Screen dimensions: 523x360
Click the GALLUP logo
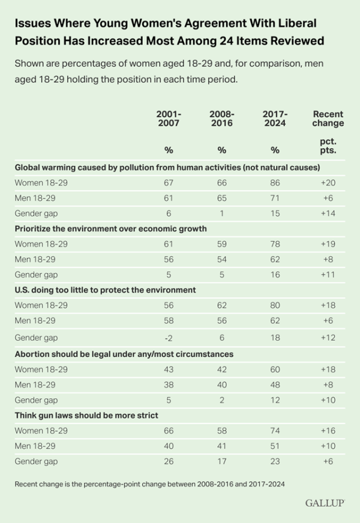click(x=323, y=503)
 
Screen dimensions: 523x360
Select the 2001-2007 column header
click(x=169, y=118)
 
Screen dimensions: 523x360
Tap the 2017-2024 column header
click(x=275, y=118)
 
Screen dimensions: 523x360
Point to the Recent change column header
click(x=328, y=118)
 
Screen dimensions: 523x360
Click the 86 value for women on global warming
click(x=275, y=182)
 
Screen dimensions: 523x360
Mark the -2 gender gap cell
click(x=169, y=338)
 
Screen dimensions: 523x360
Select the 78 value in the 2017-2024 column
click(x=275, y=244)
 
